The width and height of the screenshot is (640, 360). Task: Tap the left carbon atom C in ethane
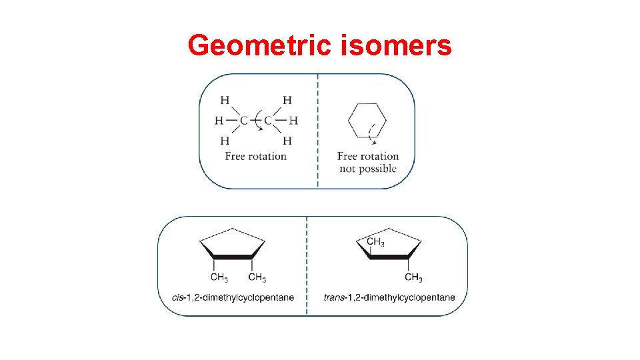pos(243,121)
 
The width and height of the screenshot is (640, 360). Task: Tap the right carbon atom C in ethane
pos(268,121)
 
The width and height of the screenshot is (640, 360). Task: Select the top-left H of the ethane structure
pos(225,101)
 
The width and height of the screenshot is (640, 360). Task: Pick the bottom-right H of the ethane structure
pos(287,141)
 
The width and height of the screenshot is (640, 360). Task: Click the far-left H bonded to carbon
pos(219,121)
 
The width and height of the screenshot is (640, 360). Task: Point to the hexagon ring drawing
pos(367,121)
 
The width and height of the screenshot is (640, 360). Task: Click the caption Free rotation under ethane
pos(255,156)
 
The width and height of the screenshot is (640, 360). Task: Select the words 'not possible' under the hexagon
pos(367,169)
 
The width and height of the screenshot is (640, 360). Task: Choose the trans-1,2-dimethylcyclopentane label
pos(389,297)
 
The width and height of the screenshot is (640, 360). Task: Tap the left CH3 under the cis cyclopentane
pos(219,277)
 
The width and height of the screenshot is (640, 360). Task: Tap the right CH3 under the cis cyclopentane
pos(257,277)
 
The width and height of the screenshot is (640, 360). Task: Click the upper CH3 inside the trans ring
pos(375,241)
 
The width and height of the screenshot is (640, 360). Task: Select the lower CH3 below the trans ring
pos(413,277)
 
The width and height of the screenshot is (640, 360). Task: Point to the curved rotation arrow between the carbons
pos(256,127)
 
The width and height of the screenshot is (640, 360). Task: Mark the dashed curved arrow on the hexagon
pos(374,133)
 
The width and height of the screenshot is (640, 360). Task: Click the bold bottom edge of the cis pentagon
pos(232,257)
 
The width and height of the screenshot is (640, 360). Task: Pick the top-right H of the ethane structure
pos(287,101)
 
